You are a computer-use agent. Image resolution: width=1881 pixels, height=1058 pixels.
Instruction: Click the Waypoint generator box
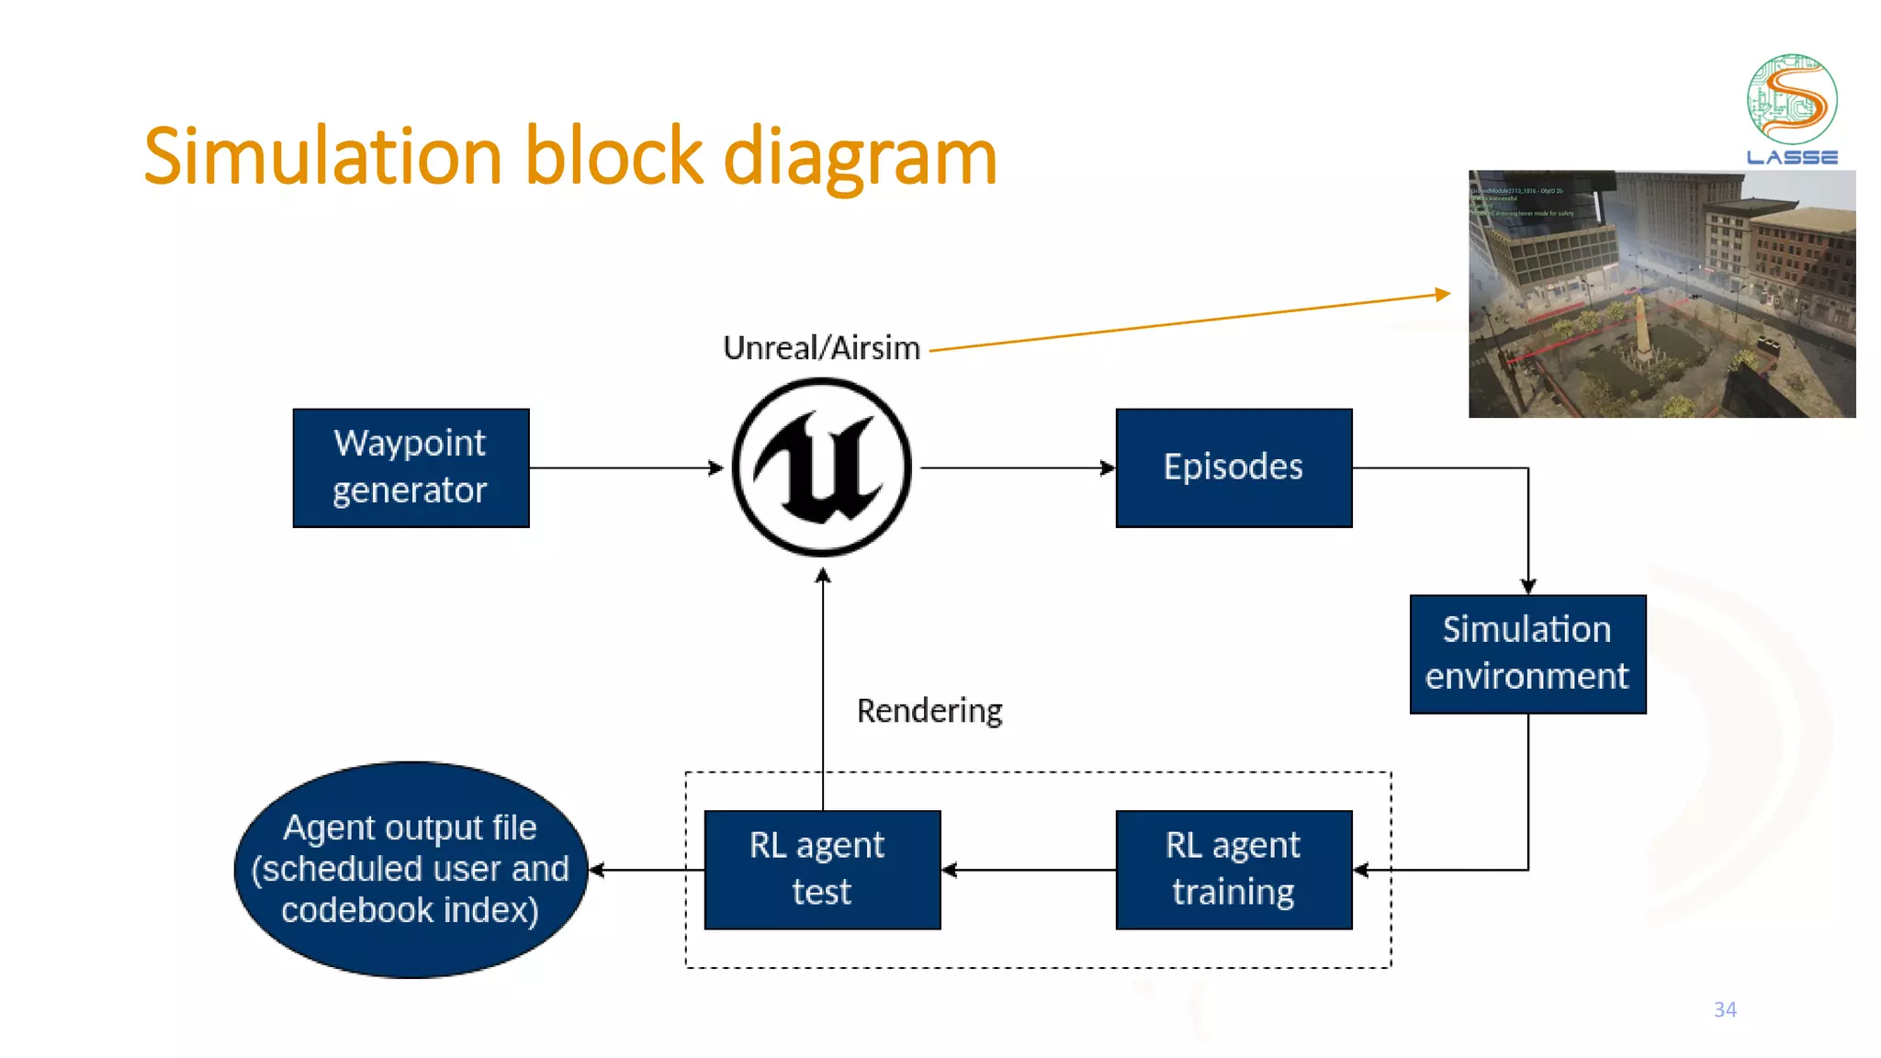411,467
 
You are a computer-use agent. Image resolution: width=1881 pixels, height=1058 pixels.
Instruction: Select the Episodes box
1233,467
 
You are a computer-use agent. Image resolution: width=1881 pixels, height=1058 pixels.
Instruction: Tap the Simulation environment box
1527,654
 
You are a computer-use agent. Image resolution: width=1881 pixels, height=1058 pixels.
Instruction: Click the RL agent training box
1233,869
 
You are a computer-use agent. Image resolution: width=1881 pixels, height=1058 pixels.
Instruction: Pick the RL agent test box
822,869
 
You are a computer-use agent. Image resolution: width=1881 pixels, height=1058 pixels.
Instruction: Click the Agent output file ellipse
411,869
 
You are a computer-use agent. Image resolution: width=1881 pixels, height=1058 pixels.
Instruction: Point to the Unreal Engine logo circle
822,467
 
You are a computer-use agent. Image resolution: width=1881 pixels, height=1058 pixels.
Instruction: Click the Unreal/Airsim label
821,348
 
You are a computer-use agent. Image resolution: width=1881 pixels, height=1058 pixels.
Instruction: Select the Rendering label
929,711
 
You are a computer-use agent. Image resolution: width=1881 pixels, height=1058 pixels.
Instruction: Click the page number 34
1725,1009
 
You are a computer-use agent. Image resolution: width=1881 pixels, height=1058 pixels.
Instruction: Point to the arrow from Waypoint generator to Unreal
625,468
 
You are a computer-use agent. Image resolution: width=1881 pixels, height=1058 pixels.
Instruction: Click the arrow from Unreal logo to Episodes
1015,468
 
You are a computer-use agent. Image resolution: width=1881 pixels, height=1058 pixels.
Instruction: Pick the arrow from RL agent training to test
1029,870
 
